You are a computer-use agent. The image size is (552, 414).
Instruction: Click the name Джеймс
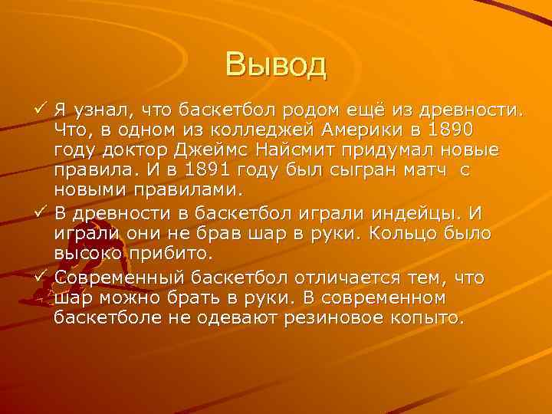(259, 149)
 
